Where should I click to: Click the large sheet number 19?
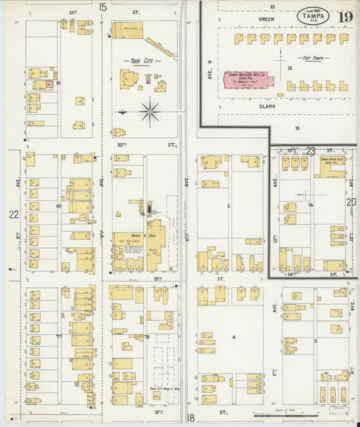pyautogui.click(x=345, y=17)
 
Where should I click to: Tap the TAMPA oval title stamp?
pyautogui.click(x=309, y=16)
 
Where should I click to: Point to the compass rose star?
pyautogui.click(x=149, y=111)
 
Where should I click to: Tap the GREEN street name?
pyautogui.click(x=265, y=20)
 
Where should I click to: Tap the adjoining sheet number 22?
pyautogui.click(x=13, y=214)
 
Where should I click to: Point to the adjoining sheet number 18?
pyautogui.click(x=190, y=418)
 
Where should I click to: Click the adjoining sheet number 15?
pyautogui.click(x=103, y=7)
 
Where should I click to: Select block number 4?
pyautogui.click(x=234, y=336)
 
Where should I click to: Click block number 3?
pyautogui.click(x=229, y=205)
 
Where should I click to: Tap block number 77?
pyautogui.click(x=59, y=336)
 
